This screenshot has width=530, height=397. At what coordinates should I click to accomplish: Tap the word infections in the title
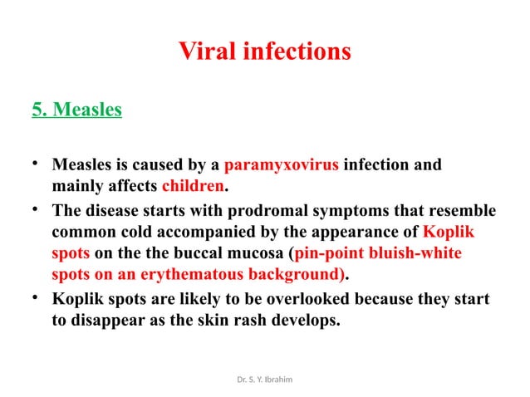[x=296, y=52]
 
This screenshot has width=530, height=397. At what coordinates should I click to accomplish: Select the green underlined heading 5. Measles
[x=76, y=110]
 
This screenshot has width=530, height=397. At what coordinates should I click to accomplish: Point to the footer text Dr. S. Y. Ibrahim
[x=264, y=379]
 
